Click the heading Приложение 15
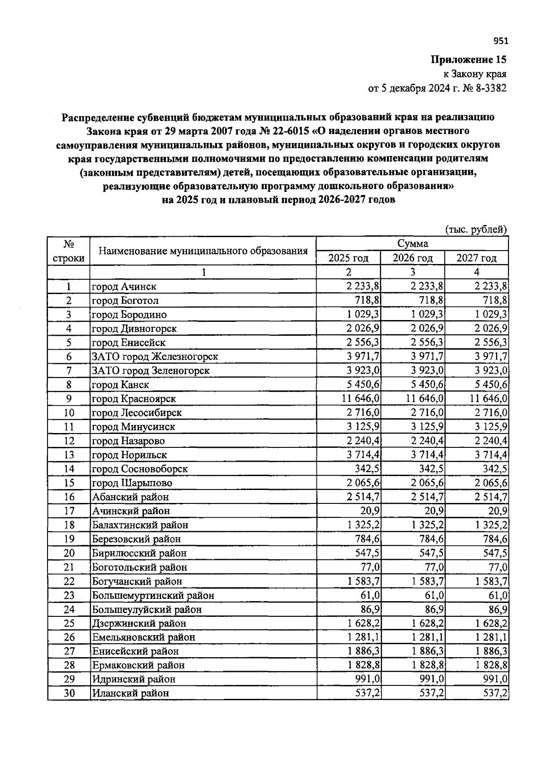(x=469, y=60)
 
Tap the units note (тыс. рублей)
(x=476, y=230)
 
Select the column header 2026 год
(x=412, y=258)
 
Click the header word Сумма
(x=412, y=243)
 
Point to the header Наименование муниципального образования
(x=203, y=251)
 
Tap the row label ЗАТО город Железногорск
(x=155, y=357)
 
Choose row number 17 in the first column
(x=69, y=511)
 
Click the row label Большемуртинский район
(x=153, y=596)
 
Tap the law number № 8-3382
(x=485, y=88)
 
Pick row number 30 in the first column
(x=69, y=693)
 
